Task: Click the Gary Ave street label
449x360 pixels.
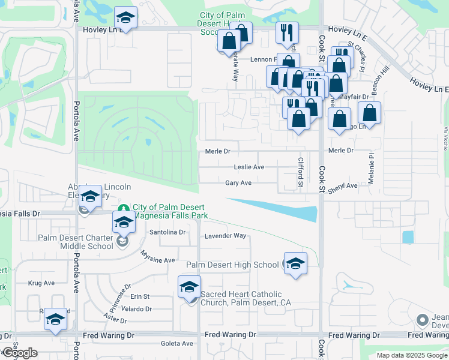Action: point(238,183)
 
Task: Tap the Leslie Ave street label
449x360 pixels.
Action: point(250,167)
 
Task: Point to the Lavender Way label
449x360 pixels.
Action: point(226,236)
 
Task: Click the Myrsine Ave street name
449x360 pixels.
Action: point(157,260)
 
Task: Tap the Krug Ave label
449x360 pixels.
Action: point(41,283)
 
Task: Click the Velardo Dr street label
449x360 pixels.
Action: point(136,309)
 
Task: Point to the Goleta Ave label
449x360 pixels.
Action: point(177,343)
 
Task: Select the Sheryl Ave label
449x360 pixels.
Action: point(343,186)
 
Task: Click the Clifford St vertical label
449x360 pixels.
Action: point(301,172)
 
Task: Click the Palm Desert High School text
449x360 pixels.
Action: point(232,265)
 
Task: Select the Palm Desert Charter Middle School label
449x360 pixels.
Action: point(75,241)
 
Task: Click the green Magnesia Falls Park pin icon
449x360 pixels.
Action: point(123,208)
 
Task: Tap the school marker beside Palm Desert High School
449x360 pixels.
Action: point(295,263)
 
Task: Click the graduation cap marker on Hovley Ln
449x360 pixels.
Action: point(126,17)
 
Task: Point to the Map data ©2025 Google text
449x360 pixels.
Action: point(412,355)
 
